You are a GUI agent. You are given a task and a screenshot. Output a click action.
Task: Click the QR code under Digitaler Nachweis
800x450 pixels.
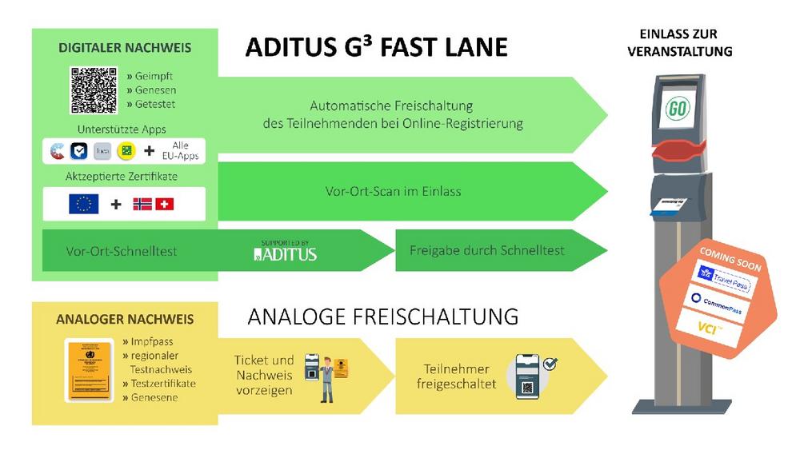pos(94,90)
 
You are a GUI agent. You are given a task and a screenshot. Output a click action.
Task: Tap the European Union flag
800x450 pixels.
pos(84,204)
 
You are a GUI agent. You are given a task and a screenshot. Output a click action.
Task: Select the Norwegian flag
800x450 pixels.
pos(142,204)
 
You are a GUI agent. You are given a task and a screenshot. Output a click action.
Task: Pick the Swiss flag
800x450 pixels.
pos(165,204)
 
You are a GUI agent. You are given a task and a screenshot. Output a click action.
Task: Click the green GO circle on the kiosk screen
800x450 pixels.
pos(678,109)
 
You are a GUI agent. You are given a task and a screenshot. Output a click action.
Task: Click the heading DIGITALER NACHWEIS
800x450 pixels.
pos(125,48)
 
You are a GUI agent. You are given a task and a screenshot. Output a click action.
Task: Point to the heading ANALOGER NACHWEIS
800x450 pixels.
pos(125,319)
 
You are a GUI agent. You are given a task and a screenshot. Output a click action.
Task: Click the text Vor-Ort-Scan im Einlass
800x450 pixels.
pos(393,191)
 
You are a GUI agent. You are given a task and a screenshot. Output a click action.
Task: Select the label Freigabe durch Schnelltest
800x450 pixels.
pos(487,250)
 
